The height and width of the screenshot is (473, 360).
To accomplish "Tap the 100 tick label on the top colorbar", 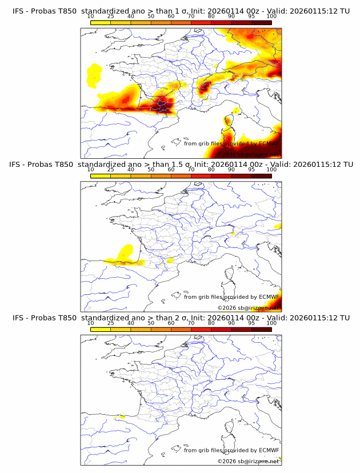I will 271,17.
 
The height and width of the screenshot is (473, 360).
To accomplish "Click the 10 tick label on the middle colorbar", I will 91,170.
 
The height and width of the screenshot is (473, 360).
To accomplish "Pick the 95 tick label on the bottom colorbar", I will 251,323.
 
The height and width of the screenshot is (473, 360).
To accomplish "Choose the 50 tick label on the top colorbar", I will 151,17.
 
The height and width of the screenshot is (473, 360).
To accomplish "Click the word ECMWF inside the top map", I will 269,143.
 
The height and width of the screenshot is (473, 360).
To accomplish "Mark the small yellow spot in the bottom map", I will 120,417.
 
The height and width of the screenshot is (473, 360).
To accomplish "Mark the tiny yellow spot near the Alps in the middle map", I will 233,234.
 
